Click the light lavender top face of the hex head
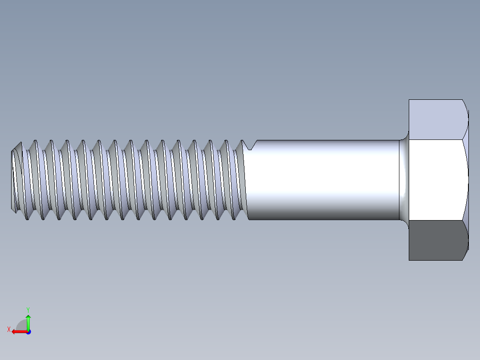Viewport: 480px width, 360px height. click(436, 119)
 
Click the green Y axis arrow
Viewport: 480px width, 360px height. click(28, 322)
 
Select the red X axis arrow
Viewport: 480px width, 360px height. click(18, 331)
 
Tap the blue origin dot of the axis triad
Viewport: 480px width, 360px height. click(28, 331)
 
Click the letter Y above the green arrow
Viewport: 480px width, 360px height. click(28, 309)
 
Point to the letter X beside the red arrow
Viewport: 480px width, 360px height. click(8, 330)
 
